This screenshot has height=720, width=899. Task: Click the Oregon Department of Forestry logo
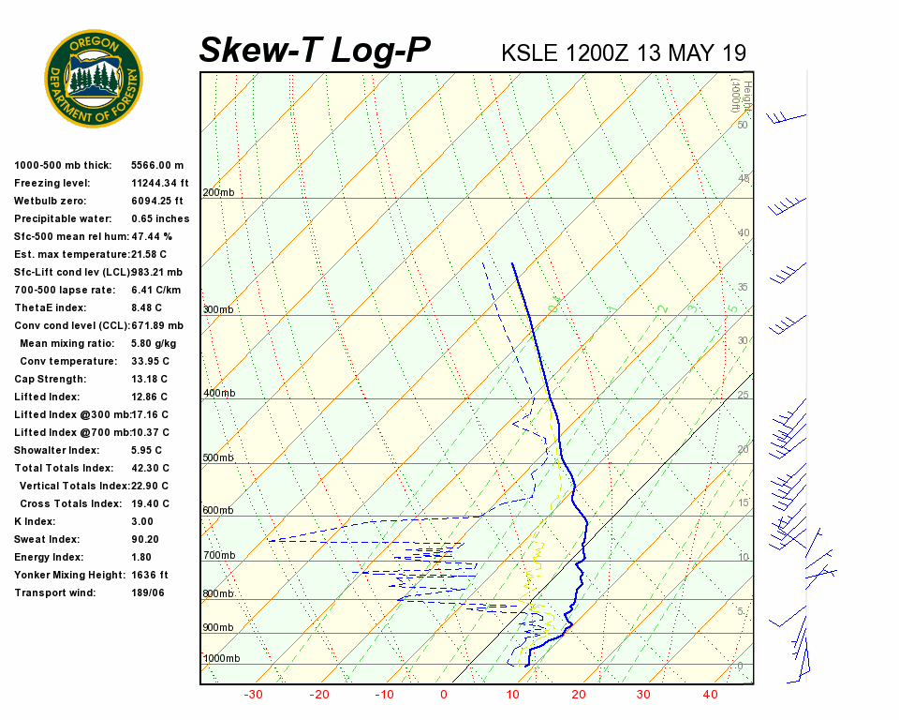[94, 79]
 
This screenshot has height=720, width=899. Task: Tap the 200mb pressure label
[218, 192]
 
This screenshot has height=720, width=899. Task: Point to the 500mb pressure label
[218, 458]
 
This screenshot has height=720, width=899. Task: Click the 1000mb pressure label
[221, 659]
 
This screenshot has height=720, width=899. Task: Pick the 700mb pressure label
[219, 556]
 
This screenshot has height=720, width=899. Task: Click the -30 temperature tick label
[253, 695]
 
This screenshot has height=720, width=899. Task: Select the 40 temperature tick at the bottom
[710, 695]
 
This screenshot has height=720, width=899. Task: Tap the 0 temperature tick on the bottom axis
[444, 695]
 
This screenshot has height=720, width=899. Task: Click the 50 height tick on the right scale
[742, 125]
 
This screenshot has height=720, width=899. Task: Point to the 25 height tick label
[743, 396]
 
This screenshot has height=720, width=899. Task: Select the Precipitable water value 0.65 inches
[160, 218]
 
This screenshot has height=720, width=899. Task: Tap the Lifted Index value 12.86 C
[151, 397]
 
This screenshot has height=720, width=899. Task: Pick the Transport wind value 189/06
[149, 592]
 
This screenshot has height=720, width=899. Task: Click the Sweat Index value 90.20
[145, 539]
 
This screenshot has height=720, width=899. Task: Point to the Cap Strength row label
[50, 379]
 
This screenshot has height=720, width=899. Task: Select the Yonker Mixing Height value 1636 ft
[150, 575]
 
